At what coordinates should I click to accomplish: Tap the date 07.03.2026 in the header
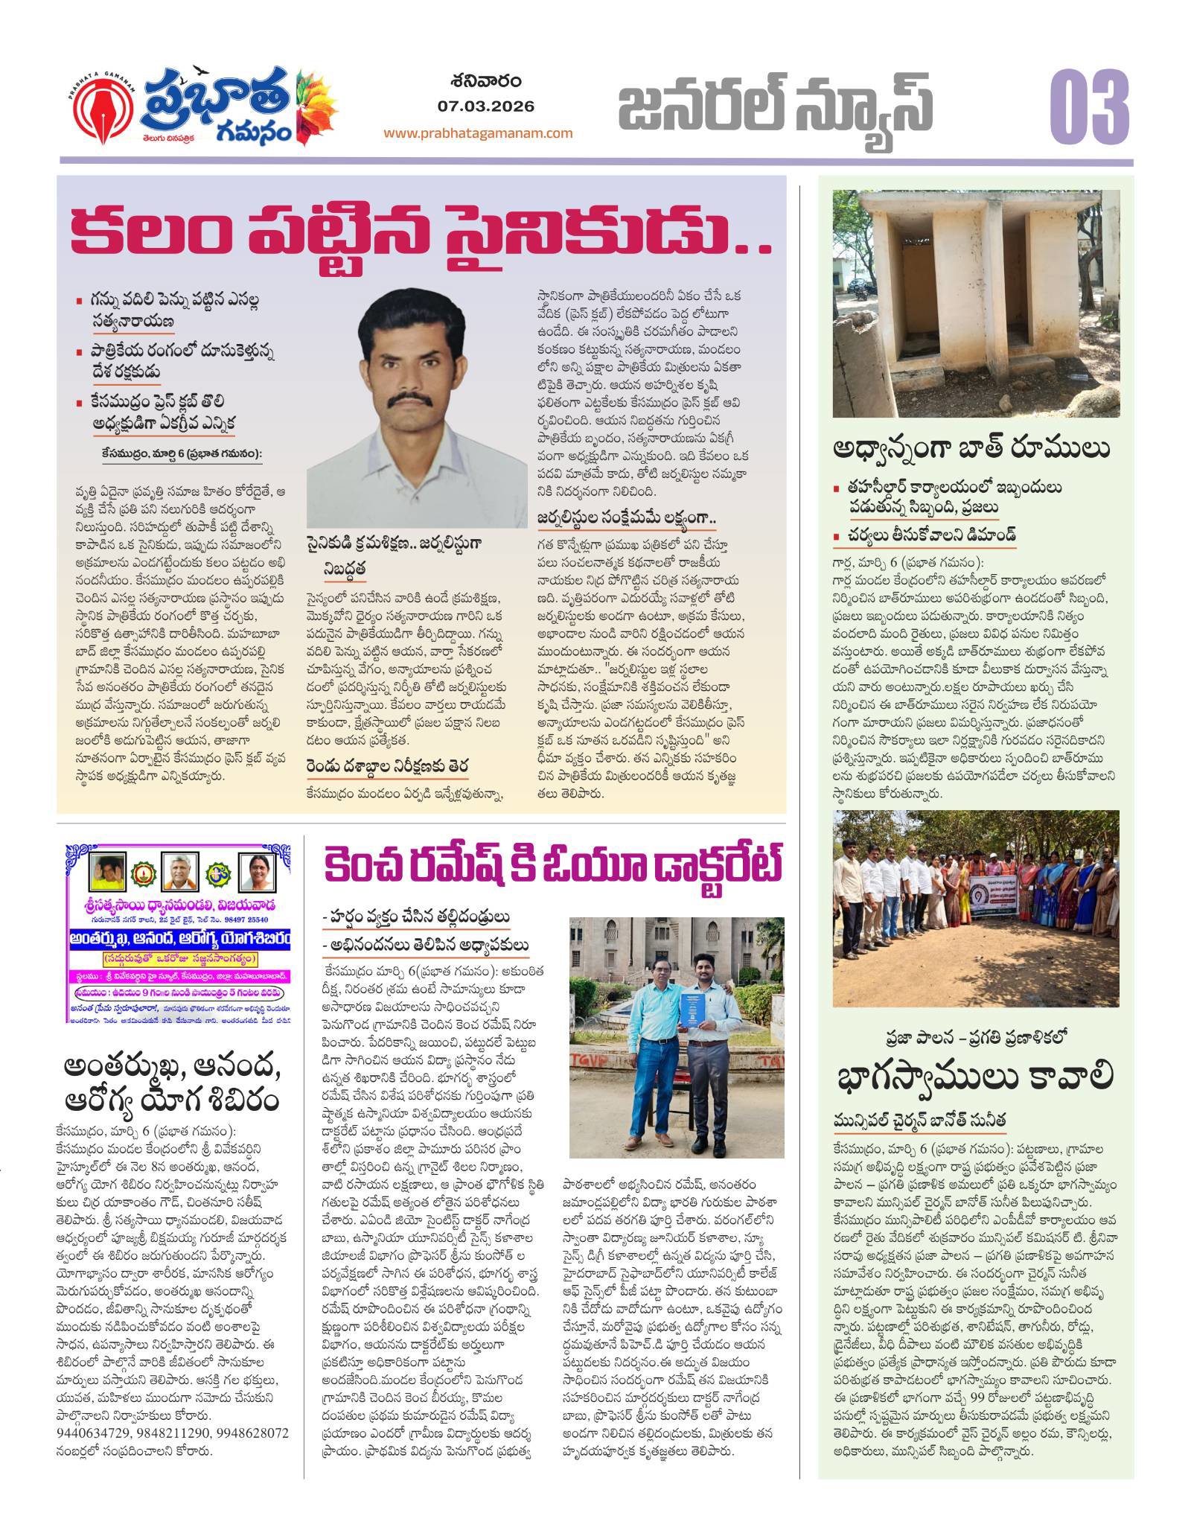(486, 106)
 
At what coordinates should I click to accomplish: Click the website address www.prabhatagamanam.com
(478, 133)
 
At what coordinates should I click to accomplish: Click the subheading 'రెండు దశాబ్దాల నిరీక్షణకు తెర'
(387, 766)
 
